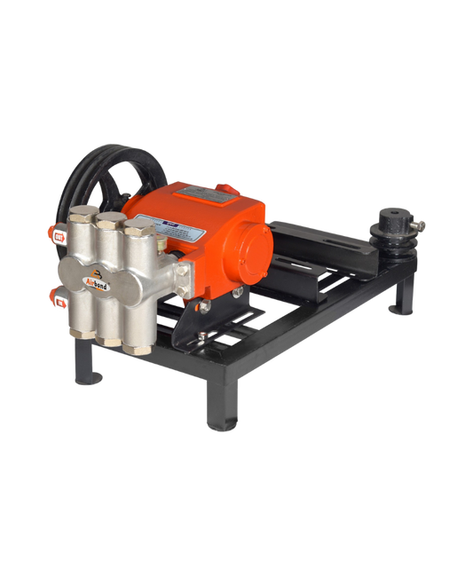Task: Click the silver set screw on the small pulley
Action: tap(421, 225)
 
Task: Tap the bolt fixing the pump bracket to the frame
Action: tap(204, 305)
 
